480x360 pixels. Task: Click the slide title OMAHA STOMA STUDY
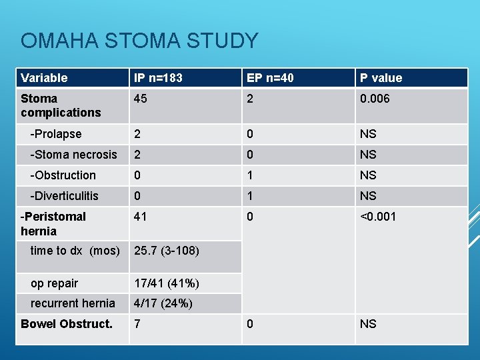pyautogui.click(x=139, y=41)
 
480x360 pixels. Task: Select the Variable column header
pyautogui.click(x=44, y=78)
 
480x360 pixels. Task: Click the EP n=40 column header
pyautogui.click(x=270, y=78)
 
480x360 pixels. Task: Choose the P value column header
pyautogui.click(x=381, y=78)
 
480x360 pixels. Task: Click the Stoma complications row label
pyautogui.click(x=60, y=105)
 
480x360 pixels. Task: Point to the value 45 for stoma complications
pyautogui.click(x=140, y=99)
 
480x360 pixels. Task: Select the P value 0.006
pyautogui.click(x=375, y=99)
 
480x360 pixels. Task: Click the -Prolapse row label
pyautogui.click(x=56, y=134)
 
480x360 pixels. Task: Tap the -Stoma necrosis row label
pyautogui.click(x=73, y=155)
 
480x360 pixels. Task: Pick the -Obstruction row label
pyautogui.click(x=63, y=175)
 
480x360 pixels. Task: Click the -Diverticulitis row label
pyautogui.click(x=64, y=196)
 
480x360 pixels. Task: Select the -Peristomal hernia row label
pyautogui.click(x=53, y=224)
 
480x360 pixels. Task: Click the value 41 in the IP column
pyautogui.click(x=140, y=217)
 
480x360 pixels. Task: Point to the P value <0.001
pyautogui.click(x=378, y=217)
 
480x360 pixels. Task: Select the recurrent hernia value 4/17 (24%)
pyautogui.click(x=163, y=303)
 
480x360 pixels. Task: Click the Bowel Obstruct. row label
pyautogui.click(x=66, y=324)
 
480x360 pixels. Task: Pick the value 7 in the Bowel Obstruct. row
pyautogui.click(x=137, y=324)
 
